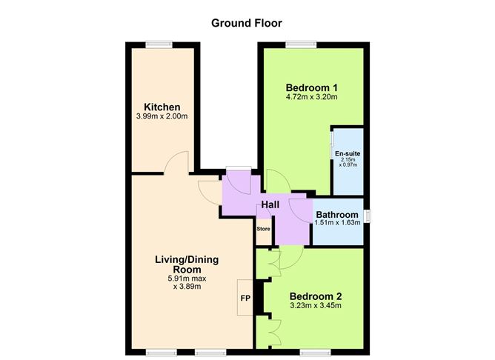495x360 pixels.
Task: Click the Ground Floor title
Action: (x=247, y=23)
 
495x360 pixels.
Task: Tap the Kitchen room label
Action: (x=162, y=107)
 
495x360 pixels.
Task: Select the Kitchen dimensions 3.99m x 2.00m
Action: (x=162, y=117)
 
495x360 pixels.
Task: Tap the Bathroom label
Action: (x=338, y=215)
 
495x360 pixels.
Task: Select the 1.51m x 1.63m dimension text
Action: (x=338, y=223)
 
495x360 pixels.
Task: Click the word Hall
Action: (x=270, y=204)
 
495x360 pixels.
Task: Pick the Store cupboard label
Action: (x=264, y=229)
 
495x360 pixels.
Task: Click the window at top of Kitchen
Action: (x=158, y=43)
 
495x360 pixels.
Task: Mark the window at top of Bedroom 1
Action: (x=299, y=43)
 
